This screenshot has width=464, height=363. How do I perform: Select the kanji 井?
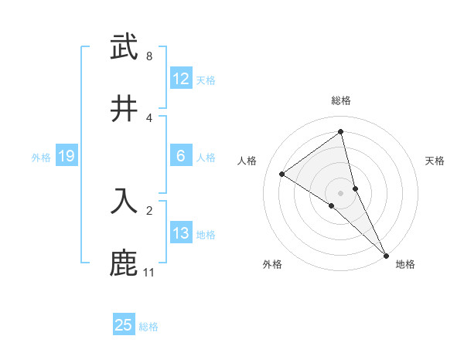pyautogui.click(x=124, y=108)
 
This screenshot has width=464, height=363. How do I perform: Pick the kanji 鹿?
pyautogui.click(x=124, y=263)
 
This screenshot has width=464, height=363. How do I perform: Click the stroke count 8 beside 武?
pyautogui.click(x=149, y=56)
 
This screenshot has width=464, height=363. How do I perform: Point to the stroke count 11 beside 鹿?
pyautogui.click(x=149, y=273)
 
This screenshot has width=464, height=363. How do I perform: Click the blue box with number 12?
pyautogui.click(x=181, y=79)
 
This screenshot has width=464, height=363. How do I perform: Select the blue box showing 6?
pyautogui.click(x=181, y=156)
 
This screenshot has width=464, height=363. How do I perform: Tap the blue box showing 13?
pyautogui.click(x=181, y=233)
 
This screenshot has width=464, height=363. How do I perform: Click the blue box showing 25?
pyautogui.click(x=124, y=325)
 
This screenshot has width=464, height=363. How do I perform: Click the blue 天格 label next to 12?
pyautogui.click(x=206, y=80)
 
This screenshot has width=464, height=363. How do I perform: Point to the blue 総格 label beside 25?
pyautogui.click(x=148, y=327)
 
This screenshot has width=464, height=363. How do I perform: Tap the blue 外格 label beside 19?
pyautogui.click(x=41, y=158)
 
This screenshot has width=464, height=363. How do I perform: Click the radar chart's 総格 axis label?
pyautogui.click(x=341, y=100)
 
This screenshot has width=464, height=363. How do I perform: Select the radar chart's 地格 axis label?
pyautogui.click(x=405, y=265)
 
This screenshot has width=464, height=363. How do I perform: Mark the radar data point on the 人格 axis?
pyautogui.click(x=282, y=174)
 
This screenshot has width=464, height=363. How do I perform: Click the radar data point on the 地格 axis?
pyautogui.click(x=386, y=254)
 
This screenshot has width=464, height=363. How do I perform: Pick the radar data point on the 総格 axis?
pyautogui.click(x=341, y=132)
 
